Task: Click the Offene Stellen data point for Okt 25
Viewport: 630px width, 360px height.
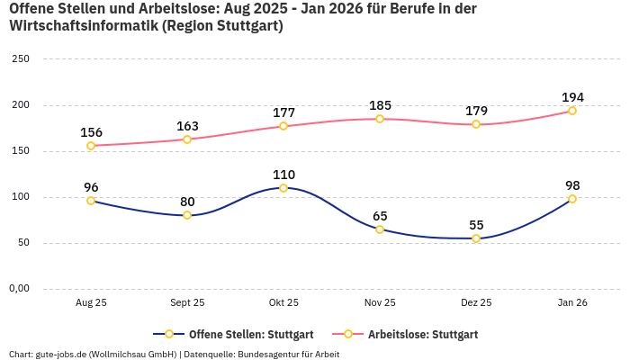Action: (283, 188)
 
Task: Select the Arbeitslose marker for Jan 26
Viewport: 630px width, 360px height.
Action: (572, 111)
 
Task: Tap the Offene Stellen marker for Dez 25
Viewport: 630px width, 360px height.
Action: (476, 238)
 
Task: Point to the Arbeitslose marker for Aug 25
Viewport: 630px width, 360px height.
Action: (91, 146)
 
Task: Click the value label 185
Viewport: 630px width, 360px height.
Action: (380, 105)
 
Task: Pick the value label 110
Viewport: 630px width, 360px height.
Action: (283, 175)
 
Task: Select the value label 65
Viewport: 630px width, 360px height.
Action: (380, 216)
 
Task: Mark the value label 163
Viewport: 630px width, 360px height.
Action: (187, 126)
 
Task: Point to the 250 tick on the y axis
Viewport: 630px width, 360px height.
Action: (20, 59)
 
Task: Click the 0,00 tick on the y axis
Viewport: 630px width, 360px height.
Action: (18, 289)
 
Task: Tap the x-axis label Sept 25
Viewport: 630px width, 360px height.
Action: (187, 303)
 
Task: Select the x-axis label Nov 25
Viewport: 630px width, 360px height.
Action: (380, 303)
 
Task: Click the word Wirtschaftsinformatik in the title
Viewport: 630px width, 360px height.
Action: (82, 26)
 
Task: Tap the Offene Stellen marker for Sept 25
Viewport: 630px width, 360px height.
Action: (187, 215)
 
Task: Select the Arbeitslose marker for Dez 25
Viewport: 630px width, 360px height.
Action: (476, 124)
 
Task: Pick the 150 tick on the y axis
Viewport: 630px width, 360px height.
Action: (20, 151)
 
